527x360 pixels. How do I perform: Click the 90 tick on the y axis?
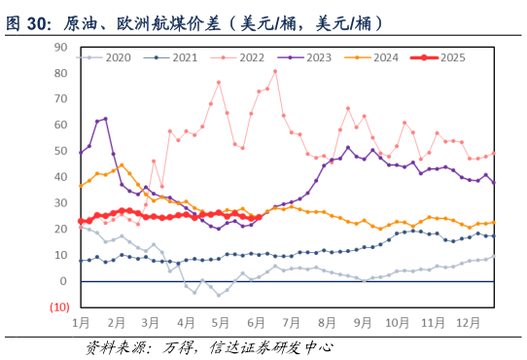tap(60, 47)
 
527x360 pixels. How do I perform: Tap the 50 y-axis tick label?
tap(60, 151)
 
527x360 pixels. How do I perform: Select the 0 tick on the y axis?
tap(63, 281)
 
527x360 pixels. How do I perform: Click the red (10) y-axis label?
tap(58, 307)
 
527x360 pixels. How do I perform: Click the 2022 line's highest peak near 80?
tap(275, 71)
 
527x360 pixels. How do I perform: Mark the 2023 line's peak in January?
tap(105, 119)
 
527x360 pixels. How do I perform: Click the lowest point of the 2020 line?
tap(219, 295)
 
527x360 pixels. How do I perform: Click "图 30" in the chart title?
tap(29, 21)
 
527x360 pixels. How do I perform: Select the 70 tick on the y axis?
tap(60, 98)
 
